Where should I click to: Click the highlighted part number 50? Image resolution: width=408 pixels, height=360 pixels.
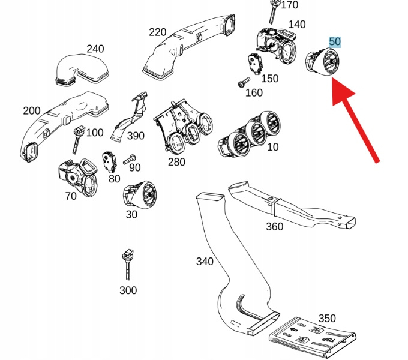point(335,42)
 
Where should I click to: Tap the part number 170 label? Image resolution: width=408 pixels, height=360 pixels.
point(289,5)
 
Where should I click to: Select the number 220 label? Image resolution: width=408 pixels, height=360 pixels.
point(158,32)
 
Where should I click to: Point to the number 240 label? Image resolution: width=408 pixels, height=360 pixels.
point(95,49)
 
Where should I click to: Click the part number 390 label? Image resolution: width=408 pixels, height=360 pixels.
point(136,136)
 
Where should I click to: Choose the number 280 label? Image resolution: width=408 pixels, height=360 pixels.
point(176,162)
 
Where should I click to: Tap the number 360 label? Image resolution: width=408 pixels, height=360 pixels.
point(274,226)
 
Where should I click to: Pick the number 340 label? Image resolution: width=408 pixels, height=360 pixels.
point(205,261)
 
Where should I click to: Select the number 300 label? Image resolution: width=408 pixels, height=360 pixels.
point(128,290)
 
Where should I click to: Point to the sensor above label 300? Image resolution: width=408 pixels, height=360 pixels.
point(127,263)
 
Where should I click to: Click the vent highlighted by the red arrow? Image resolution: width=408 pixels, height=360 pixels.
point(322,64)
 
